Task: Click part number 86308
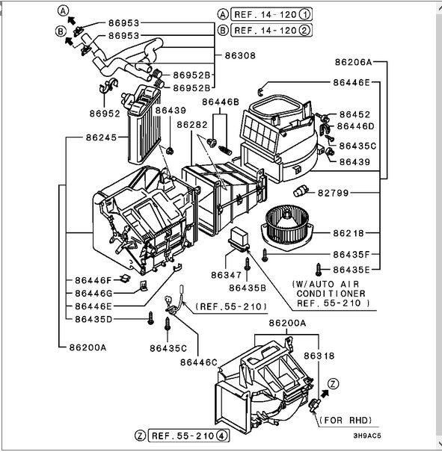click(240, 55)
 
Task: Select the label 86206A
click(354, 62)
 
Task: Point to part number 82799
click(334, 193)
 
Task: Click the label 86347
click(226, 275)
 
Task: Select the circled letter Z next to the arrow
click(334, 384)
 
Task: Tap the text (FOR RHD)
click(346, 421)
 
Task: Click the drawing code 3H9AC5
click(367, 436)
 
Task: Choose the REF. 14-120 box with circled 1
click(271, 14)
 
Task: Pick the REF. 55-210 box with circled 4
click(188, 436)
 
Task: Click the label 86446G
click(93, 293)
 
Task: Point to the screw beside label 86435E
click(319, 270)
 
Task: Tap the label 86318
click(319, 356)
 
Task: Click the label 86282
click(192, 125)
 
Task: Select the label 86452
click(354, 114)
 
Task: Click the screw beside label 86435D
click(150, 318)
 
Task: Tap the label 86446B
click(221, 102)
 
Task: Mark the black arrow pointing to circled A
click(72, 20)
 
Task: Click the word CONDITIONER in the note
click(331, 294)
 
